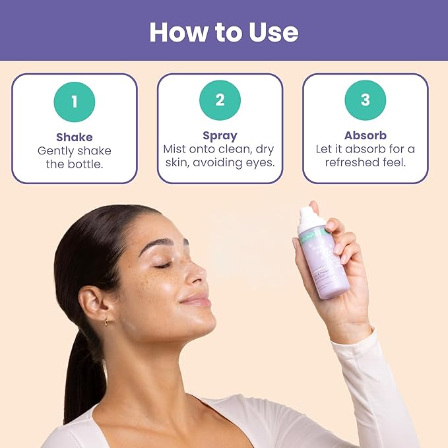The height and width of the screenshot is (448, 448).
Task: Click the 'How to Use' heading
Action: tap(224, 32)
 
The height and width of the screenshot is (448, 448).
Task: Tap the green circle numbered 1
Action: tap(75, 102)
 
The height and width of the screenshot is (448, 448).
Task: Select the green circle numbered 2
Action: tap(220, 100)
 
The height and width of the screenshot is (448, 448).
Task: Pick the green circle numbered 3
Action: tap(365, 100)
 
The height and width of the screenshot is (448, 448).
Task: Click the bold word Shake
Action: tap(75, 137)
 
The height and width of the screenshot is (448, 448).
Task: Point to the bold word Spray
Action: tap(220, 137)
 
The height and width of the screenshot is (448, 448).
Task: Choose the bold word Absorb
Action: tap(365, 136)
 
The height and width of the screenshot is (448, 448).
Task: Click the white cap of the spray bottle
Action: tap(309, 218)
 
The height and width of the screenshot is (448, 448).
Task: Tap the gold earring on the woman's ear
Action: tap(106, 322)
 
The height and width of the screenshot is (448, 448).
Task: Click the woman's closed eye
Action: tap(164, 265)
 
